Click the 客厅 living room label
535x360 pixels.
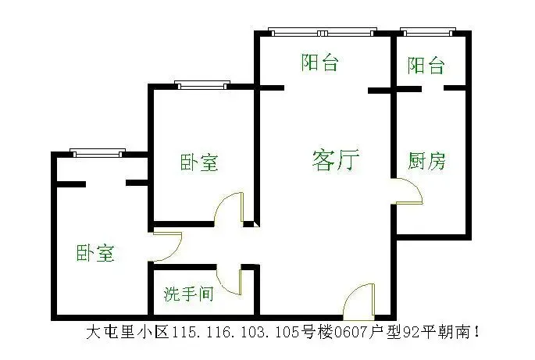click(x=336, y=160)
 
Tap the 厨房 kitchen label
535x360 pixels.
click(x=426, y=161)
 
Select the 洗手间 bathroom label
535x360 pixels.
click(x=189, y=294)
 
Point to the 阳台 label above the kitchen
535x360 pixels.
click(x=426, y=65)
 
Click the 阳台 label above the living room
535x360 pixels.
click(x=319, y=62)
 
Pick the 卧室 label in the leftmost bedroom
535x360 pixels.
click(x=95, y=253)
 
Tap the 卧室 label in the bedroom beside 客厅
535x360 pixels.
click(x=199, y=162)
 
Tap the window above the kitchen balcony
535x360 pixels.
click(x=428, y=32)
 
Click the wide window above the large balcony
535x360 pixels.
click(x=323, y=32)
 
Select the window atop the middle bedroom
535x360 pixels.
click(x=202, y=85)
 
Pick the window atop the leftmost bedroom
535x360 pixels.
click(x=98, y=153)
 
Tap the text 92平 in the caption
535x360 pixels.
click(x=419, y=332)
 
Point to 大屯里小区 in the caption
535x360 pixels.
click(x=127, y=332)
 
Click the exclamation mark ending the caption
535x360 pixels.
click(x=476, y=332)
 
